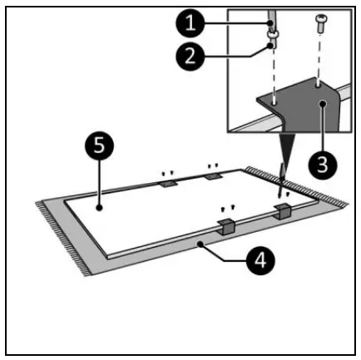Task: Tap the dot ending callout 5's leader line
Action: point(99,206)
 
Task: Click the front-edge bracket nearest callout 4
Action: point(225,224)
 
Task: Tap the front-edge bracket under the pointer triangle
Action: point(284,211)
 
